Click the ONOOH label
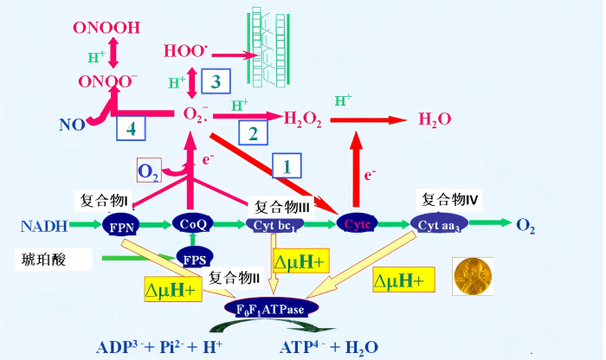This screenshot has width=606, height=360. pyautogui.click(x=106, y=29)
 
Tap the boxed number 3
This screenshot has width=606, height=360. pyautogui.click(x=216, y=80)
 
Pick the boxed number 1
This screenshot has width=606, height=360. pyautogui.click(x=287, y=164)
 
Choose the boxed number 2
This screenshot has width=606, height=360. pyautogui.click(x=253, y=134)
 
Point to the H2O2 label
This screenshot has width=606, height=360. pyautogui.click(x=301, y=119)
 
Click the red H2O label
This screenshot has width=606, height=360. pyautogui.click(x=435, y=119)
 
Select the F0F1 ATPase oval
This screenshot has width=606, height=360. pyautogui.click(x=271, y=307)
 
